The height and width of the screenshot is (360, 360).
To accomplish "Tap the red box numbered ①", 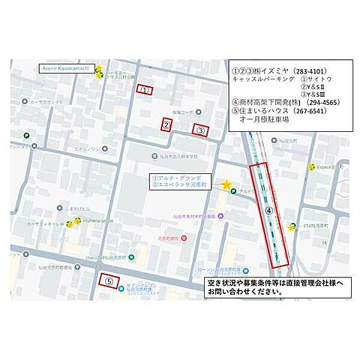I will [145, 90].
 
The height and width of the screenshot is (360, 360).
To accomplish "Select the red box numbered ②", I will [166, 125].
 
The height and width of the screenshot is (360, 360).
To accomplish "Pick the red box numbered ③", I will [201, 129].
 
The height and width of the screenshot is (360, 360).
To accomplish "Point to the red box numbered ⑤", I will [109, 281].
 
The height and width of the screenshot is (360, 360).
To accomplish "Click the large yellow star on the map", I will [226, 184].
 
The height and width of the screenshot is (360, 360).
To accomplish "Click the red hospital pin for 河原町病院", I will [184, 238].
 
